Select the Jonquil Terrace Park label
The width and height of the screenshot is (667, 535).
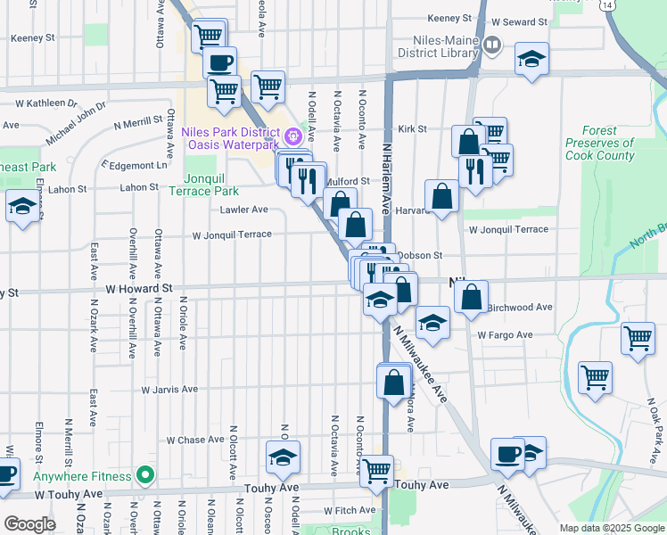(212, 185)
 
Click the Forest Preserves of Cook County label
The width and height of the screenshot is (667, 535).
(599, 144)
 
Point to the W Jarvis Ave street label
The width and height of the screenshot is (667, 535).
(169, 390)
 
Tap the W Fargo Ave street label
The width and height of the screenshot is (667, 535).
(505, 335)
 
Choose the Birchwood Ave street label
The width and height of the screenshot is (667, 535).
(521, 307)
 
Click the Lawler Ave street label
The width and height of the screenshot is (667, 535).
(244, 210)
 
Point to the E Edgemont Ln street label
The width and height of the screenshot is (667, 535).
(135, 166)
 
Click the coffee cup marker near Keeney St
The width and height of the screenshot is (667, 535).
(220, 62)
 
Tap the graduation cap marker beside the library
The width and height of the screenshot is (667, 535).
(532, 59)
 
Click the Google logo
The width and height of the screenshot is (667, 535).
(29, 524)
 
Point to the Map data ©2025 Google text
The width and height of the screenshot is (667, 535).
(611, 528)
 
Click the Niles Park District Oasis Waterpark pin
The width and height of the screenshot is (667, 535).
(292, 138)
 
